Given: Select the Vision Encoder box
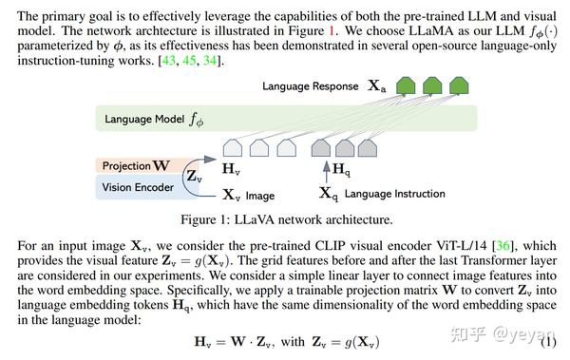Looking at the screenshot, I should [x=138, y=187].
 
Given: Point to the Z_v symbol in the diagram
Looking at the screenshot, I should [x=193, y=176].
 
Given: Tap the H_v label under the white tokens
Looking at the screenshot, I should [x=231, y=169].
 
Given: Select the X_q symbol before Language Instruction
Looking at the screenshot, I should [x=328, y=195].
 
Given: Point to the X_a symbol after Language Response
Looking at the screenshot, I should [x=377, y=85].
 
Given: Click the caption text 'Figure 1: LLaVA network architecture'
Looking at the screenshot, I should [x=284, y=220].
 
